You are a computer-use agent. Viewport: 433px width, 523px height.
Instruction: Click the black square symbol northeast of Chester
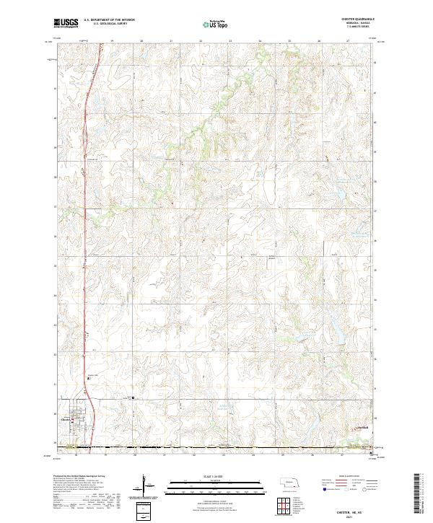click(133, 397)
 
